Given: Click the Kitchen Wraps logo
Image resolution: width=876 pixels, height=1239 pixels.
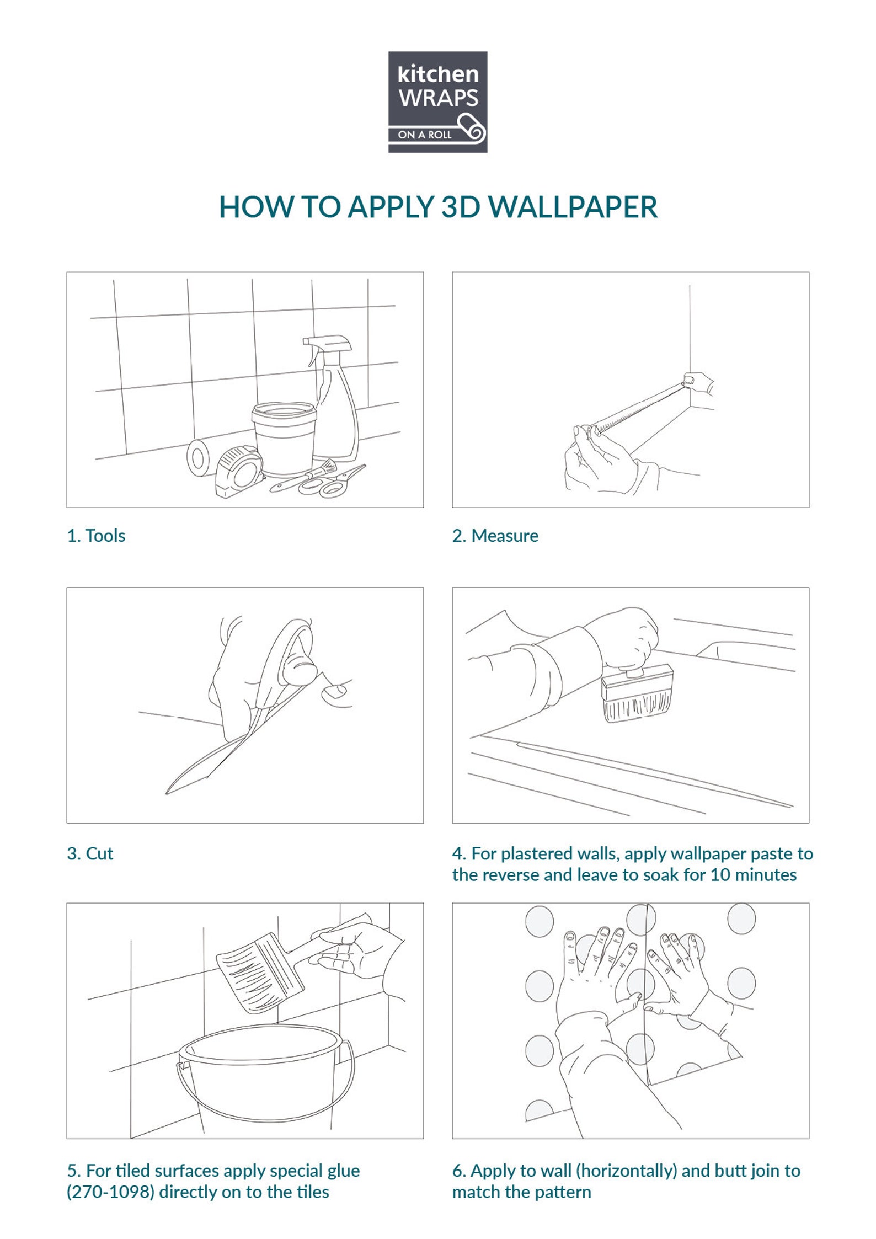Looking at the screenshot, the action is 437,102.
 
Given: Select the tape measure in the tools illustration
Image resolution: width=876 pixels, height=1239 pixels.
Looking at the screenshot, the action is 239,472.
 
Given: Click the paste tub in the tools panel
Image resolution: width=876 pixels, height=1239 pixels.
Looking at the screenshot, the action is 284,439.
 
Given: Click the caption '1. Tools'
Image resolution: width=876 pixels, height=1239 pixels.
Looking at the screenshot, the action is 96,536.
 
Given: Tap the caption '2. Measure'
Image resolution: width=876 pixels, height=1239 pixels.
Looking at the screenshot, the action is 495,536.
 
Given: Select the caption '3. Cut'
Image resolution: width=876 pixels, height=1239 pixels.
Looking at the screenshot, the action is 90,853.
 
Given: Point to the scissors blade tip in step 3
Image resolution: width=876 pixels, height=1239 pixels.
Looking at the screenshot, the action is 167,793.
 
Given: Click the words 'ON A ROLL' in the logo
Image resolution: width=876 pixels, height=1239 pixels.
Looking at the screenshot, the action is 425,135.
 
